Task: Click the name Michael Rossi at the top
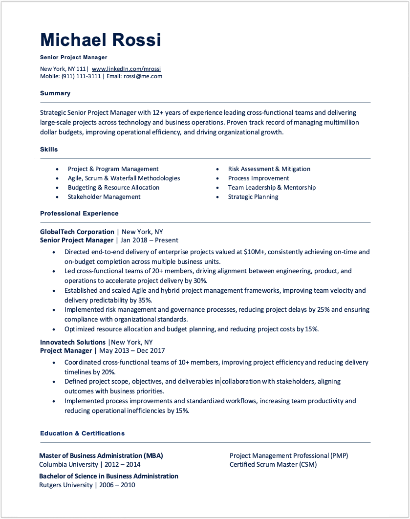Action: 100,40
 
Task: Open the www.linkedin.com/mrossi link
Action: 126,69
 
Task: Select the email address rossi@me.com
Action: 143,76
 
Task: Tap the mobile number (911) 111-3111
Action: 81,76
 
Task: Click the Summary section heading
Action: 55,93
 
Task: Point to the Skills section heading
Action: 49,150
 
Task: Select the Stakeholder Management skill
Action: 104,197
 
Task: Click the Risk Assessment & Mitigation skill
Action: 269,169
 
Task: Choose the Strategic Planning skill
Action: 253,197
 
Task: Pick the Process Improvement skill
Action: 259,178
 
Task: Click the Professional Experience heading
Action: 79,214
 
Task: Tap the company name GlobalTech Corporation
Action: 77,232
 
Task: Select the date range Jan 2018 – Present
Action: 149,240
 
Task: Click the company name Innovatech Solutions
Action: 73,342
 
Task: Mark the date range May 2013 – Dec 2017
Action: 132,351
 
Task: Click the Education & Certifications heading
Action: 82,433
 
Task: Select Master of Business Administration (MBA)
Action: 101,455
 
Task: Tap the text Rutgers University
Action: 66,485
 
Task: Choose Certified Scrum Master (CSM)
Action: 273,465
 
